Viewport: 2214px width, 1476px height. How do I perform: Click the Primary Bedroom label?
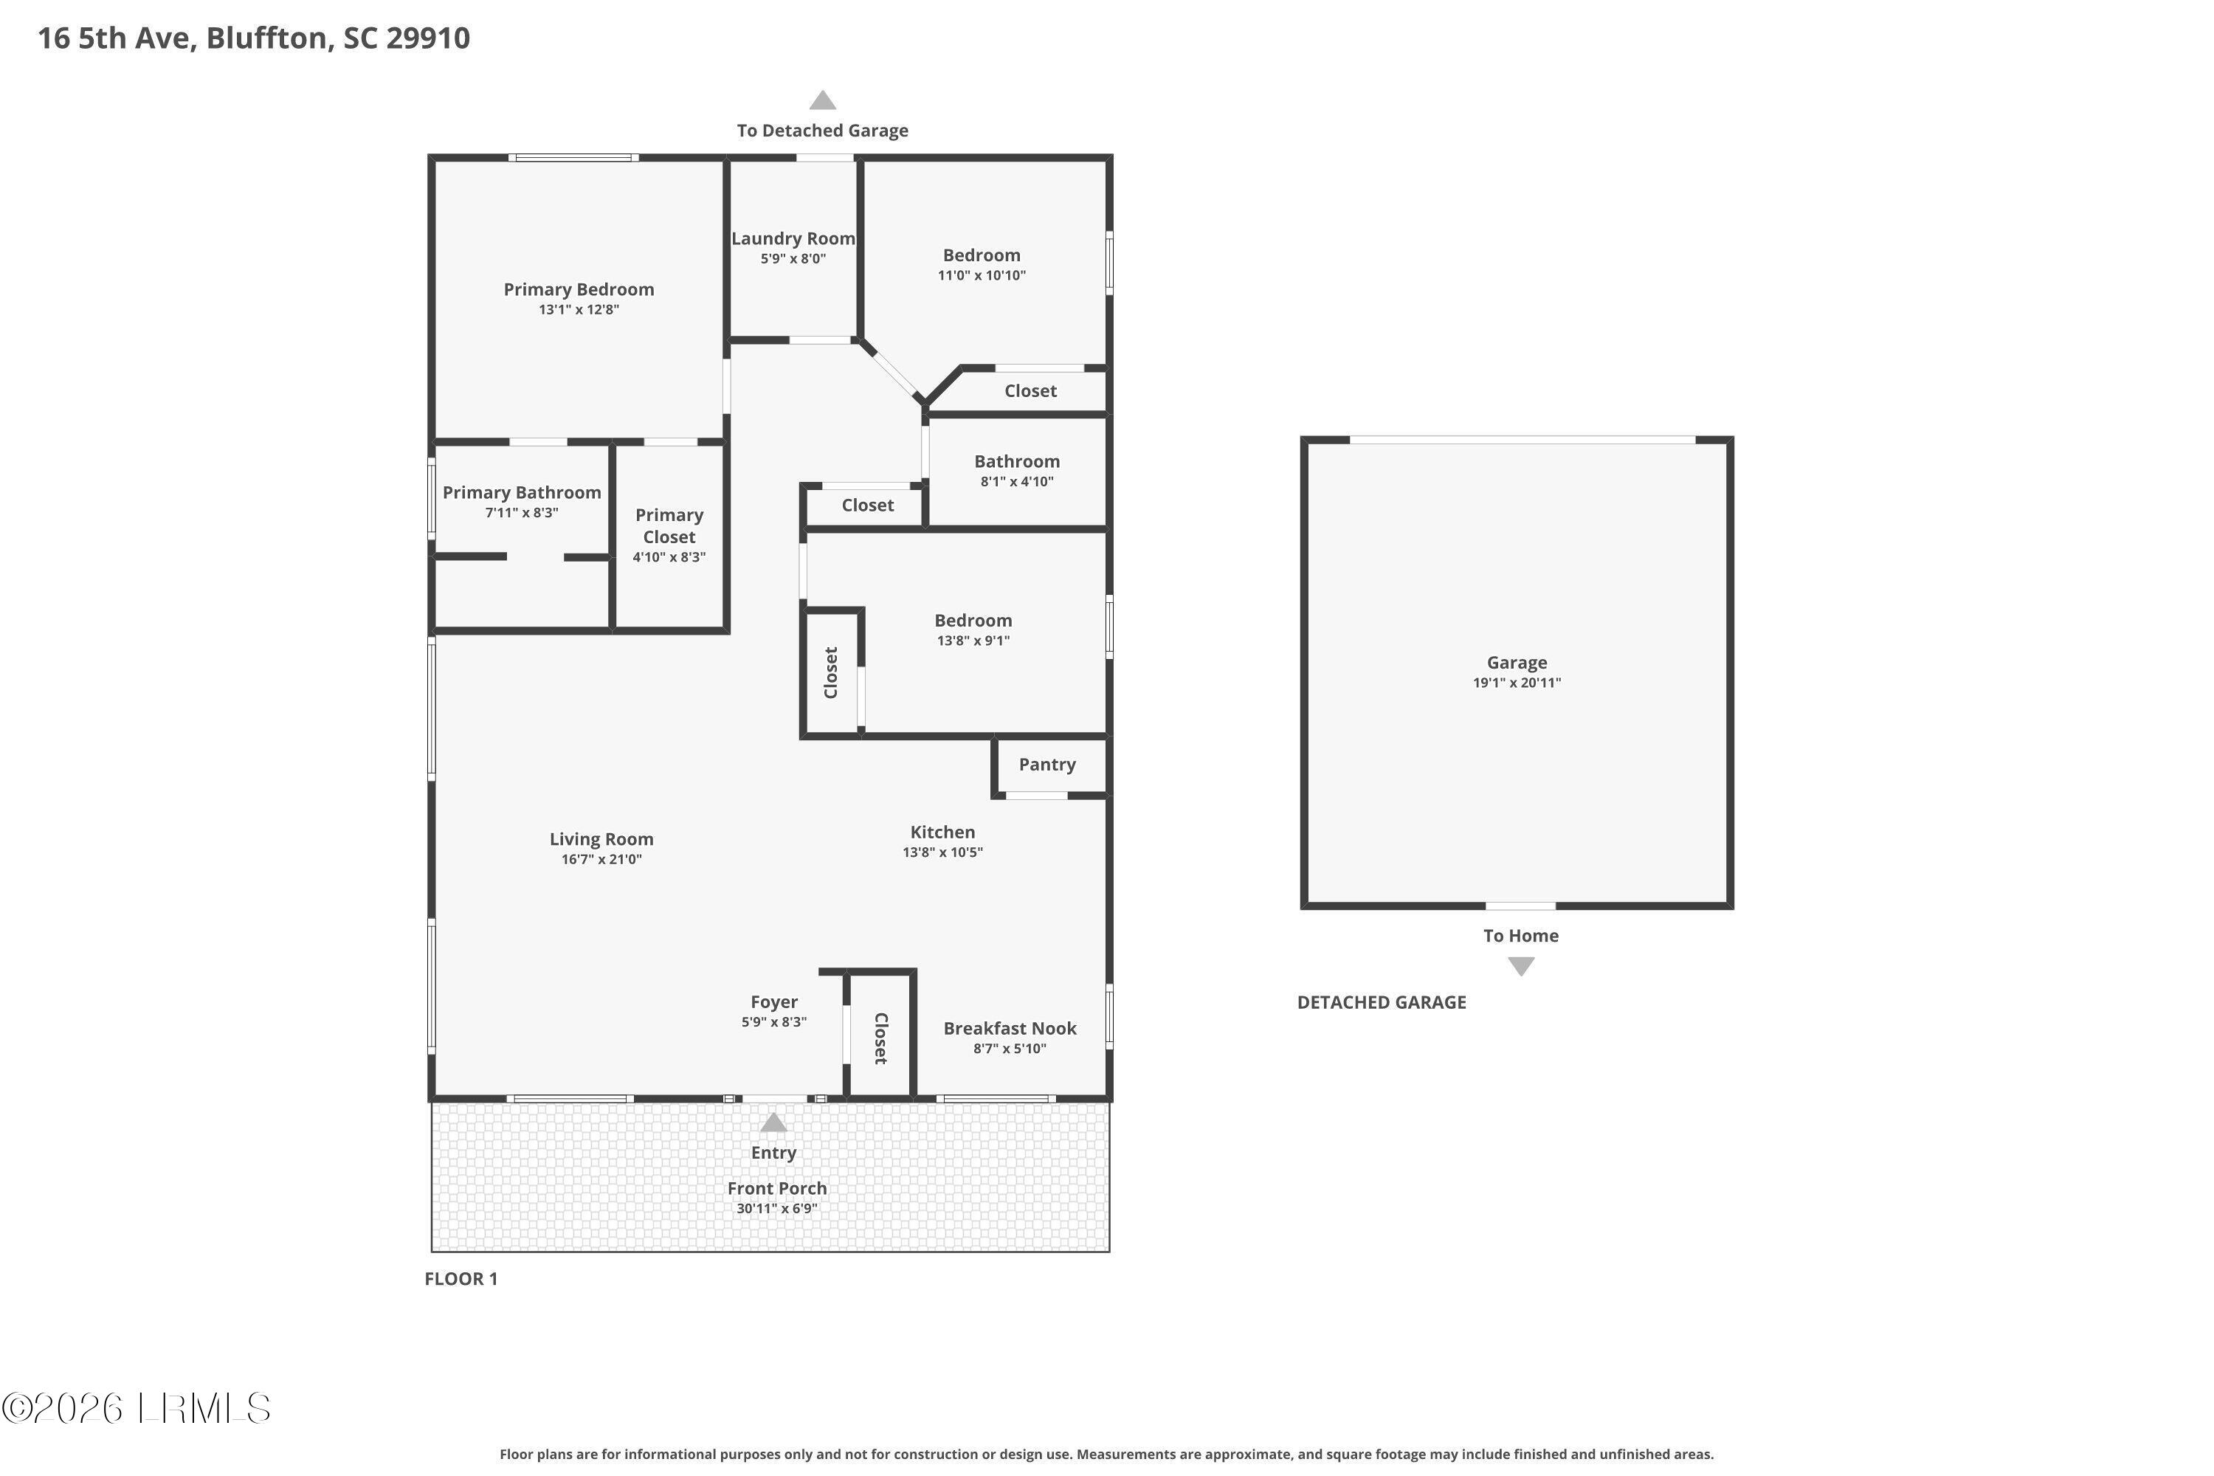(x=578, y=290)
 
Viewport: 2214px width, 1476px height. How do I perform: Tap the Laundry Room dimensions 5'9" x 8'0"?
(x=793, y=259)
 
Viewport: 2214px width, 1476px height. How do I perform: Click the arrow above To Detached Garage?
(x=823, y=100)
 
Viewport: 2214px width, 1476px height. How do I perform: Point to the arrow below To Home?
(x=1521, y=966)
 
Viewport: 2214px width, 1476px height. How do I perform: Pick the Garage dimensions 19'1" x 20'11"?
(x=1517, y=683)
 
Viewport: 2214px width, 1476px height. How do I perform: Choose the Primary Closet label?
(x=669, y=526)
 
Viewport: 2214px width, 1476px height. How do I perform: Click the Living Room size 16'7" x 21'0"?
(x=601, y=860)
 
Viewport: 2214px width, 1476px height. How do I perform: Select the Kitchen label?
(x=942, y=832)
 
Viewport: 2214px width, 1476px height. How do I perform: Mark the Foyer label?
(x=773, y=1002)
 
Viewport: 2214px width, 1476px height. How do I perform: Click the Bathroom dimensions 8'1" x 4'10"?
(x=1017, y=482)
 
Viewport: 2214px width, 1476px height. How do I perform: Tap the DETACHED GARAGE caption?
(x=1381, y=1002)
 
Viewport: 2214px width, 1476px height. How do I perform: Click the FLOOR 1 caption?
(x=461, y=1278)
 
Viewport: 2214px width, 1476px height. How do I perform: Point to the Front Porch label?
(x=776, y=1189)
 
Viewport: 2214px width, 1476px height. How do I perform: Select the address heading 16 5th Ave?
(x=253, y=38)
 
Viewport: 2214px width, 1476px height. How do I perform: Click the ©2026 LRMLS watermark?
(x=137, y=1409)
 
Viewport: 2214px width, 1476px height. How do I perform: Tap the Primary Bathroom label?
(x=522, y=493)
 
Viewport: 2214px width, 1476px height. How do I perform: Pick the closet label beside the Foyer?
(x=881, y=1038)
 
